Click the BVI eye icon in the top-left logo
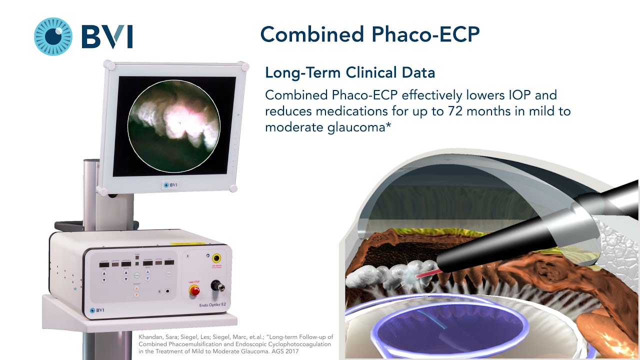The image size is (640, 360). click(53, 36)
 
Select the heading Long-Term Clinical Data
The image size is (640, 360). click(350, 72)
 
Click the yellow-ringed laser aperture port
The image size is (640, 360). click(217, 258)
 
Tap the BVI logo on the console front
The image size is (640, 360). click(97, 311)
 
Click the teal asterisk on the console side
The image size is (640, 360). click(76, 289)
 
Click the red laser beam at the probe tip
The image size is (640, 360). click(425, 271)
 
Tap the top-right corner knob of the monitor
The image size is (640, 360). click(244, 66)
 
